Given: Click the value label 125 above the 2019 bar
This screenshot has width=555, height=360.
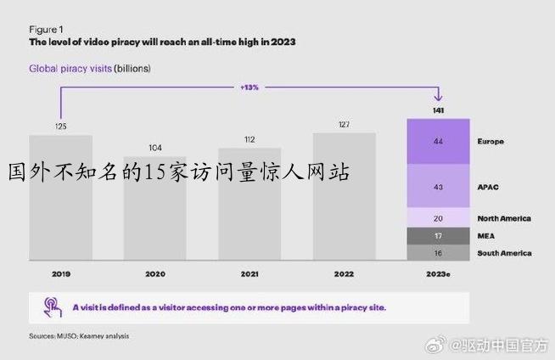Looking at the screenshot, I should pos(61,127).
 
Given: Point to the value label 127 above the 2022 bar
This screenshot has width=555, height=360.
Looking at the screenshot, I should pos(344,124).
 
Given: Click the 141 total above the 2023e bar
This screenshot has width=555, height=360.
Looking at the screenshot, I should pos(438,110).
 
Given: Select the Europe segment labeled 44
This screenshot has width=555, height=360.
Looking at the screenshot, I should pos(438,141).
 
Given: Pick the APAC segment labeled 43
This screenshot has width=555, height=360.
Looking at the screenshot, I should pos(438,186).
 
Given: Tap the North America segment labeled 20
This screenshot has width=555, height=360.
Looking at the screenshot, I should pos(438,218).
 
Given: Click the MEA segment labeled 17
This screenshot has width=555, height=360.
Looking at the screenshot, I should pos(438,236).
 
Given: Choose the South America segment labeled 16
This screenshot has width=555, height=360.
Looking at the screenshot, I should pos(438,252).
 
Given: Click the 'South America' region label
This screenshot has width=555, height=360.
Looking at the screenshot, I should pos(504,253).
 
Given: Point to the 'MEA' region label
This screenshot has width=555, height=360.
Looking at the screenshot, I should pos(485,236).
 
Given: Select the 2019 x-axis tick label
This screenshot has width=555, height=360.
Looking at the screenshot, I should pos(61,274).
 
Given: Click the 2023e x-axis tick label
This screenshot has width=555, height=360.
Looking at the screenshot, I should pos(438,274).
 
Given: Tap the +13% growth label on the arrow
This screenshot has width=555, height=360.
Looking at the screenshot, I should pos(249,87).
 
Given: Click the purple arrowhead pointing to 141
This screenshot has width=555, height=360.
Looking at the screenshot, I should pos(438,97).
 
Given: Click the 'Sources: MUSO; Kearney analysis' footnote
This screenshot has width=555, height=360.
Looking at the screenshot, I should pos(80,336).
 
